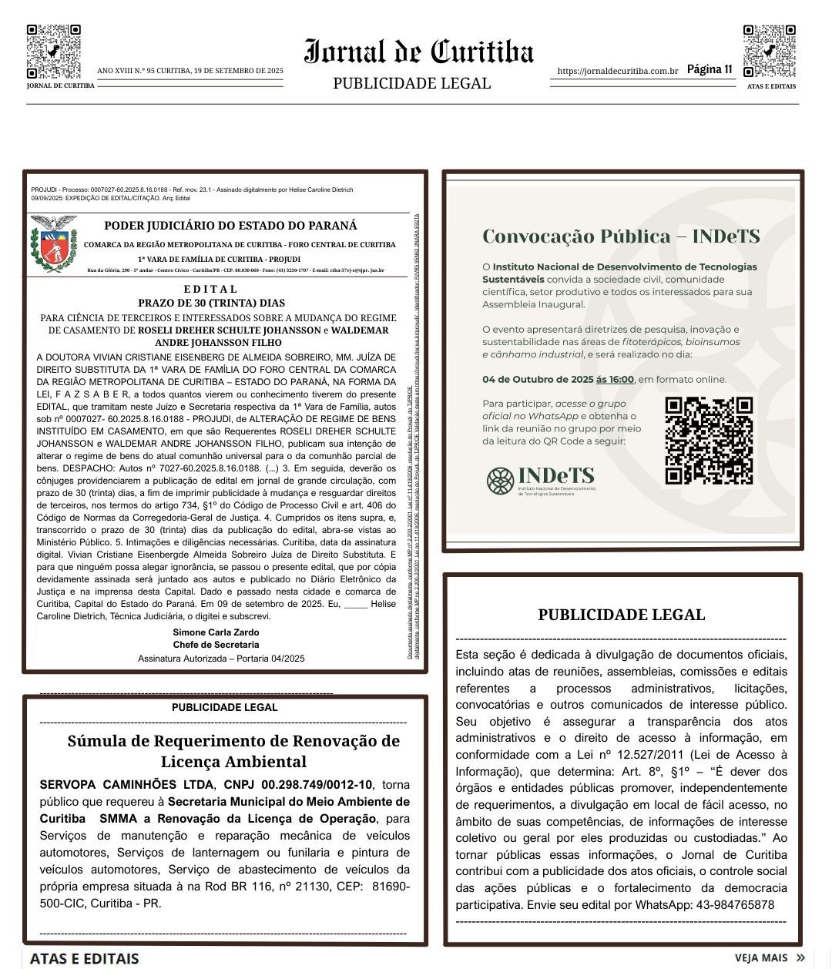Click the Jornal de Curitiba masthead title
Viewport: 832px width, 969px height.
click(x=419, y=52)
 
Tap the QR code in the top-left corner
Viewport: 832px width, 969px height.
click(x=53, y=52)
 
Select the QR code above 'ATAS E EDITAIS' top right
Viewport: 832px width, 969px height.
click(x=769, y=52)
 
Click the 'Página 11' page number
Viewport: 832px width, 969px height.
click(x=709, y=69)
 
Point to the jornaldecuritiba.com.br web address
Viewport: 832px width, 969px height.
click(x=617, y=71)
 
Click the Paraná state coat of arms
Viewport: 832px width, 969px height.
click(x=53, y=243)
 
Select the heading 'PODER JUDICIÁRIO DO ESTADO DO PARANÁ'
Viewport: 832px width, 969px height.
click(x=230, y=226)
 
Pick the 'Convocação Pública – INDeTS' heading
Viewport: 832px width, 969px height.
click(x=621, y=236)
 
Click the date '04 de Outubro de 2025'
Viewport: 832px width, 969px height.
click(x=538, y=379)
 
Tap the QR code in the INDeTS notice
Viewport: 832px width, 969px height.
click(x=708, y=440)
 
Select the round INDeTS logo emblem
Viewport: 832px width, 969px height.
click(x=500, y=481)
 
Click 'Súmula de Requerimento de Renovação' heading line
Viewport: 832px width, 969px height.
click(x=233, y=741)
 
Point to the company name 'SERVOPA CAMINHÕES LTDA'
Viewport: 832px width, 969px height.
click(x=126, y=785)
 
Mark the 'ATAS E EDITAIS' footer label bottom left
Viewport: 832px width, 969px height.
click(x=85, y=958)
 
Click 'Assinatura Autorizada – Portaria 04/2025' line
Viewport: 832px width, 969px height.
click(x=221, y=659)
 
